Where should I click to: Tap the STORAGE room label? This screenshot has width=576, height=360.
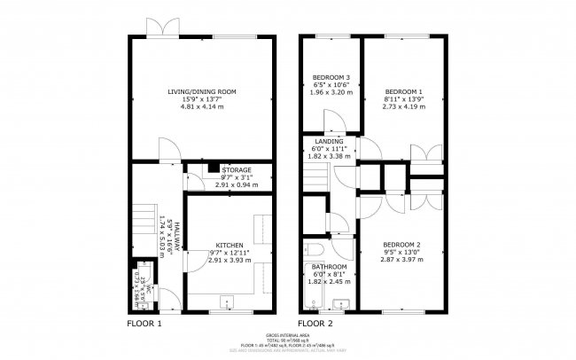(237, 169)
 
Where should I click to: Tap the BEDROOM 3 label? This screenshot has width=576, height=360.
(331, 76)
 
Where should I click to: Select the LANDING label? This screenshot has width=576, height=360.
(329, 141)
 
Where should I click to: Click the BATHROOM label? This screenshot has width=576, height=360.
(329, 267)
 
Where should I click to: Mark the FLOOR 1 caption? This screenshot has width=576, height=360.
(145, 324)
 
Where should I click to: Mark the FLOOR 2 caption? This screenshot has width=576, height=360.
(315, 324)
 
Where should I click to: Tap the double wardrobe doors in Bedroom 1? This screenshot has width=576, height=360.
(431, 153)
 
